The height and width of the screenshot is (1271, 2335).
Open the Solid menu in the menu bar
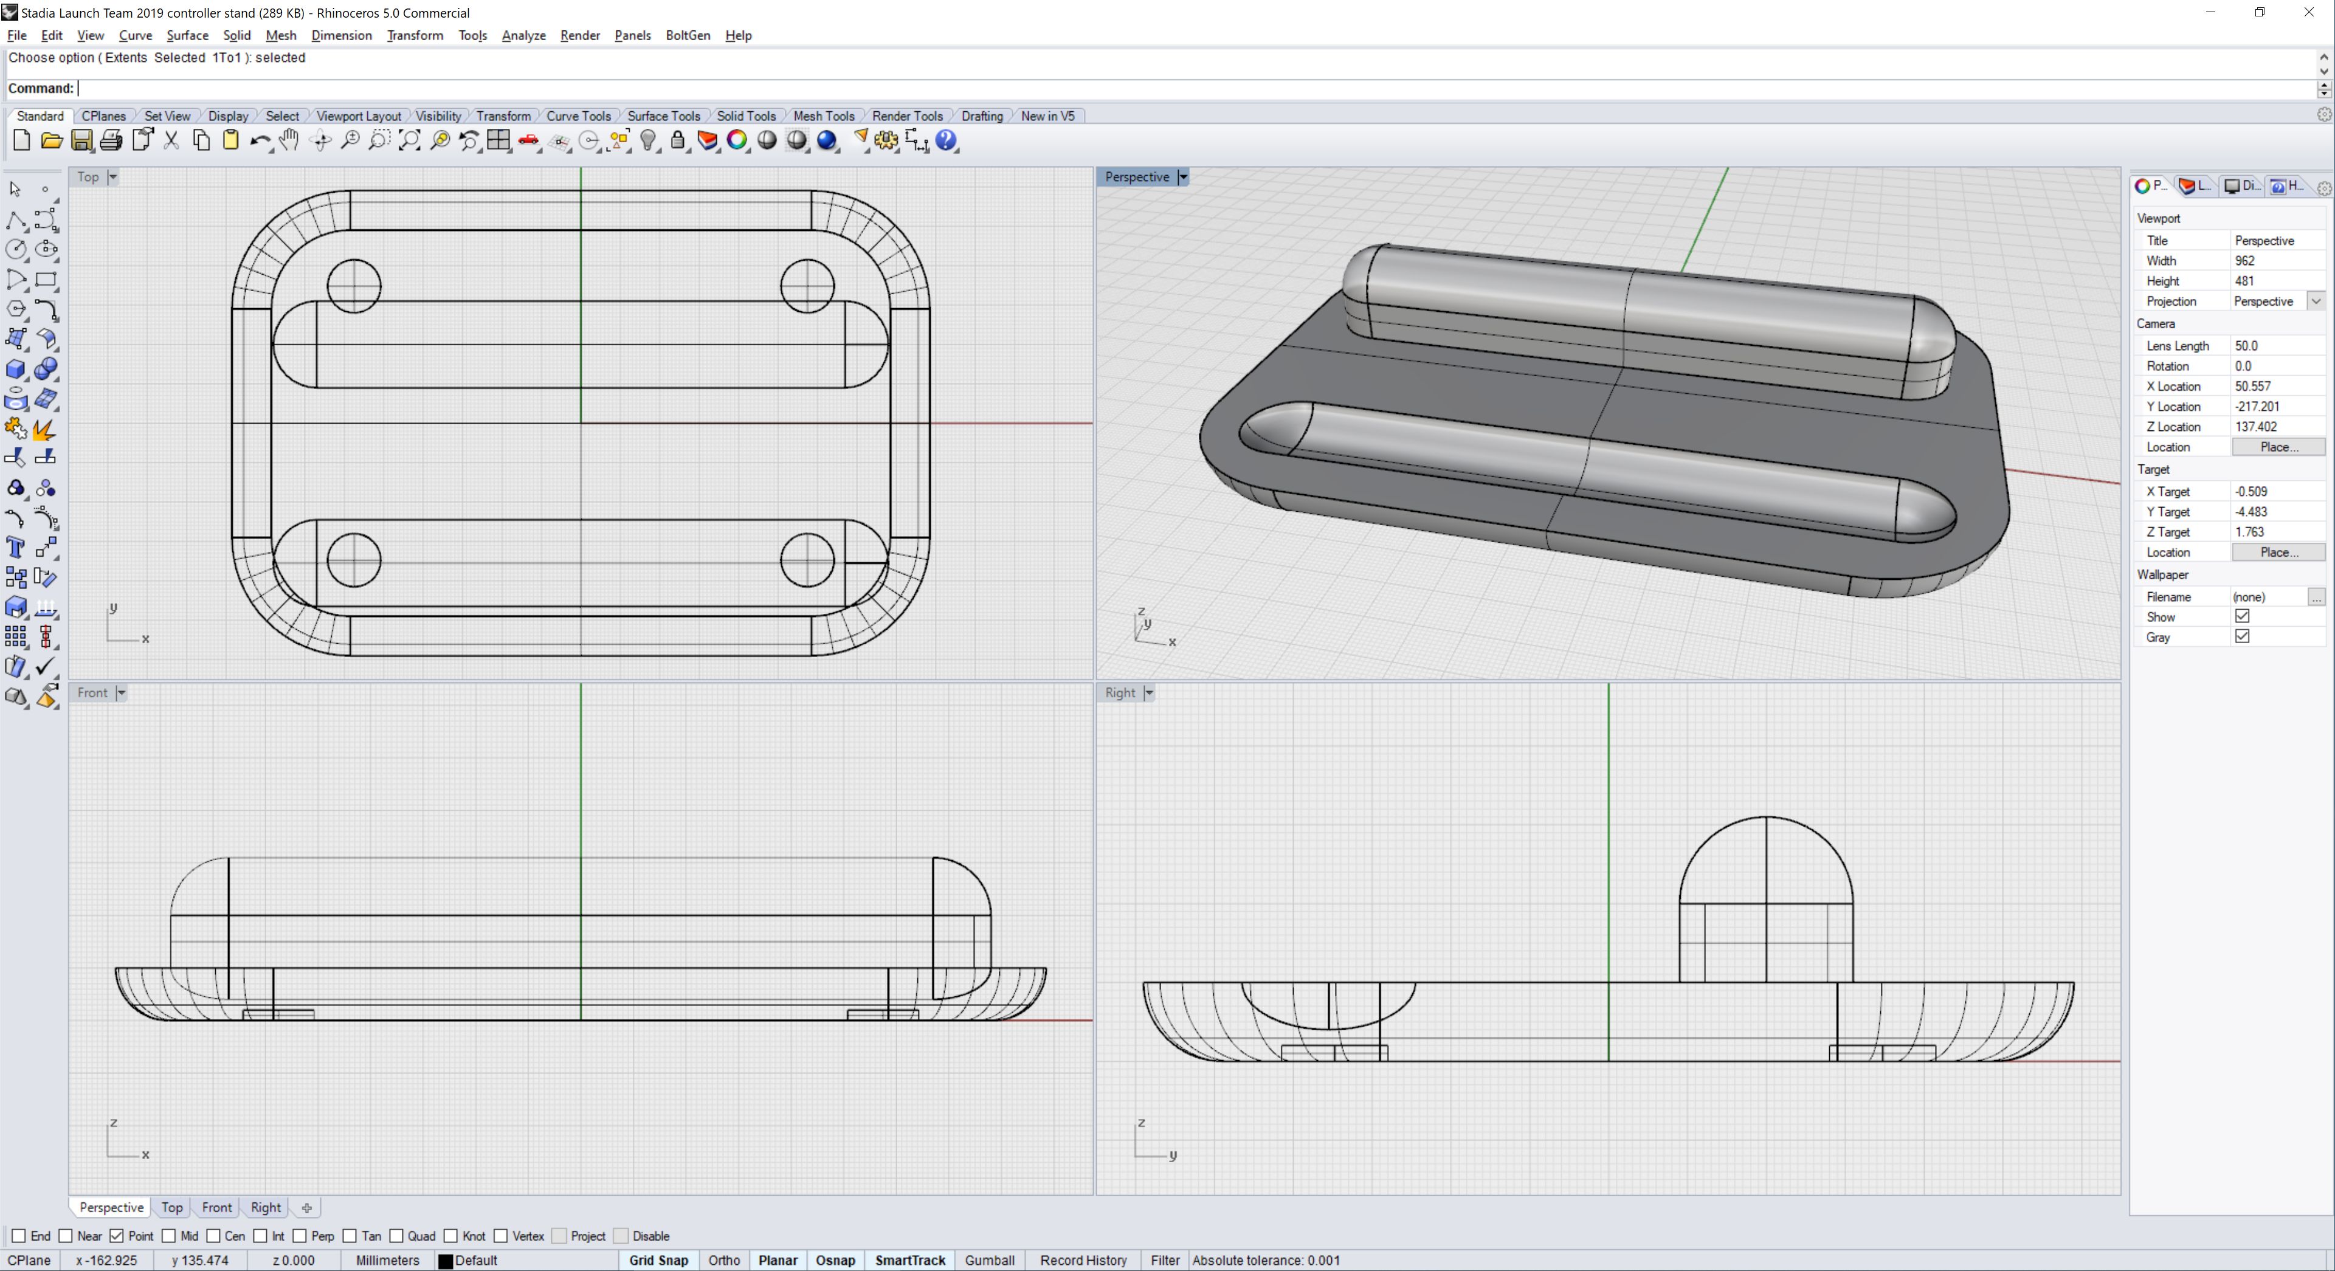click(236, 35)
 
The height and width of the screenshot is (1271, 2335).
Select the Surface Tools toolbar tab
click(663, 116)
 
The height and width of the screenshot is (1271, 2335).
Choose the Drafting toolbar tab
click(982, 116)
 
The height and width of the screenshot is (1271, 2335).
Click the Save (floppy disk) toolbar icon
click(81, 140)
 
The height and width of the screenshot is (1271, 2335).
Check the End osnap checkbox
click(18, 1236)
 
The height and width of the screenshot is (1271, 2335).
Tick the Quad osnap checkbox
click(396, 1236)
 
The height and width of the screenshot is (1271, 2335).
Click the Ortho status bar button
click(723, 1260)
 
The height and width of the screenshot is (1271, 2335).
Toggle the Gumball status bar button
click(989, 1260)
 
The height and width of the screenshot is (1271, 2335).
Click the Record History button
click(1083, 1260)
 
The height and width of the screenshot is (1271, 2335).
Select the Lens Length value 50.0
click(2246, 345)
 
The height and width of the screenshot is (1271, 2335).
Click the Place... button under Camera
click(2278, 447)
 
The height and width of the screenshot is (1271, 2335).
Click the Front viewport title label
click(92, 692)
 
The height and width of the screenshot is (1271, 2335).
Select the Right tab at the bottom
click(266, 1208)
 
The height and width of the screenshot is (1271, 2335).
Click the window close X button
click(2309, 13)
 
